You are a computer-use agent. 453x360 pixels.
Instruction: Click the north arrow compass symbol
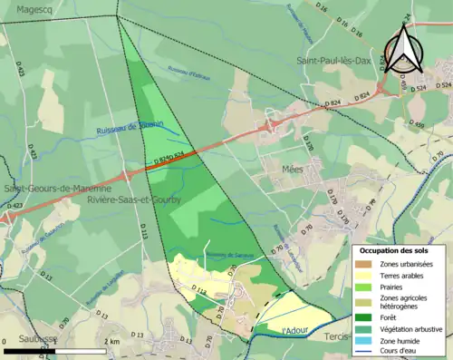pos(401,49)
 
